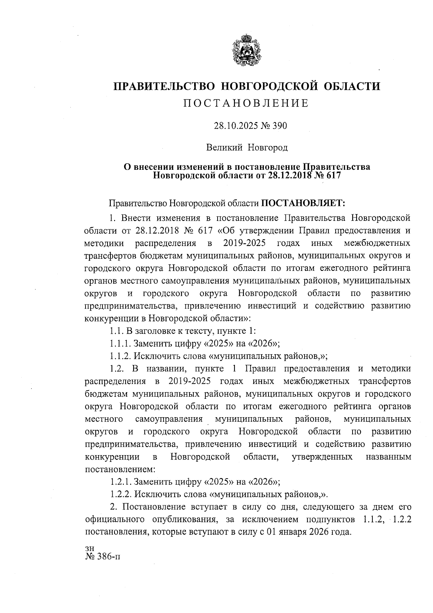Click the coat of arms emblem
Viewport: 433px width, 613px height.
tap(246, 50)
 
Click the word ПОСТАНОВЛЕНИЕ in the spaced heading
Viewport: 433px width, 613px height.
tap(246, 103)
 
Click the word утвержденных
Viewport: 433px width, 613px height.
tap(322, 457)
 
